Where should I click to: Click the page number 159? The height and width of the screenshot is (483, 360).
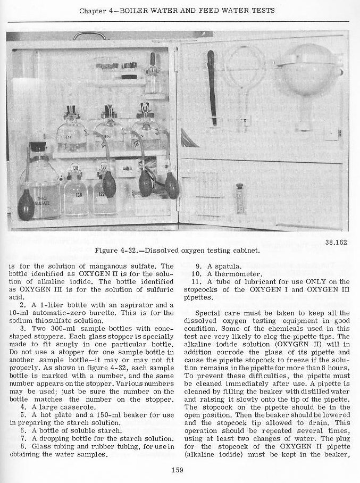[x=178, y=469]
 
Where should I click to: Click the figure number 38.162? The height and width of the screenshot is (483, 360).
[x=335, y=241]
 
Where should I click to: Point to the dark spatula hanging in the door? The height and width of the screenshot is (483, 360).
[x=212, y=88]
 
